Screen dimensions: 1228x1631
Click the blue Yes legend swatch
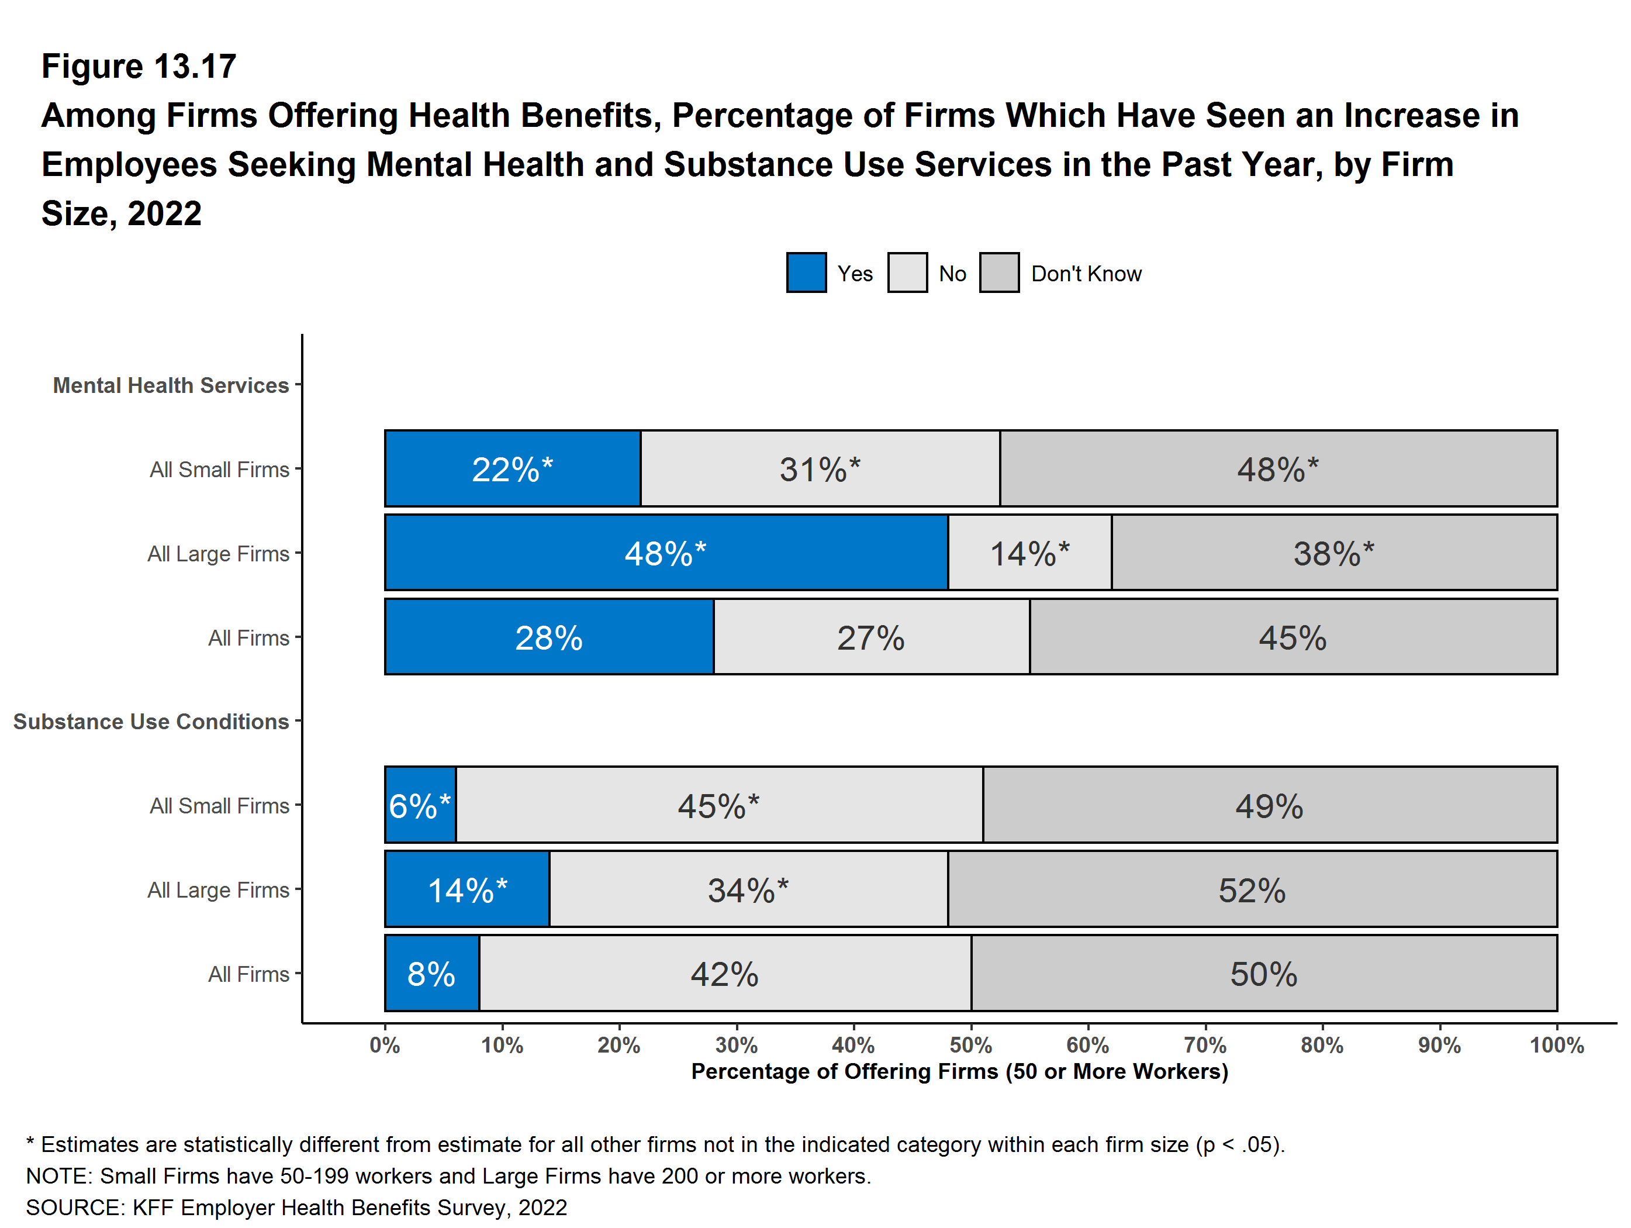pos(806,273)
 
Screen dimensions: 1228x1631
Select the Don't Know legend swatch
pos(999,273)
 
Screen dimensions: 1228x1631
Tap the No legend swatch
pos(907,273)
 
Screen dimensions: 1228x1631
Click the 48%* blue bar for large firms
pos(666,553)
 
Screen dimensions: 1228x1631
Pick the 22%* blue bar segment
pos(513,468)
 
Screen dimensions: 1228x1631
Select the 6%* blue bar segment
pos(420,805)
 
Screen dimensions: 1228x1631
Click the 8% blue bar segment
pos(432,973)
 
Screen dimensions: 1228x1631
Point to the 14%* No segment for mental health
pos(1029,553)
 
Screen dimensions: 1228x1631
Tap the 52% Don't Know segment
pos(1252,889)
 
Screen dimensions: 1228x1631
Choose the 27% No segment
pos(871,636)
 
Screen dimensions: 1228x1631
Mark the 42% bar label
pos(724,974)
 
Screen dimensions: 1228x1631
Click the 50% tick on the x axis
pos(970,1044)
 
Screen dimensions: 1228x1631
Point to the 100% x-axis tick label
pos(1557,1044)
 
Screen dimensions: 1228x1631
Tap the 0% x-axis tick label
pos(385,1044)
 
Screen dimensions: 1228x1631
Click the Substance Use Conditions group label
pos(151,722)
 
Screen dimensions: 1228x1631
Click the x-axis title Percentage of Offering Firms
pos(959,1071)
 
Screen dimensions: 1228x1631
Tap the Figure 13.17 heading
pos(139,67)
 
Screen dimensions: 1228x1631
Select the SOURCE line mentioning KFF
pos(296,1208)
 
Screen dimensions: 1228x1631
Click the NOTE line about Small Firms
pos(448,1175)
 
